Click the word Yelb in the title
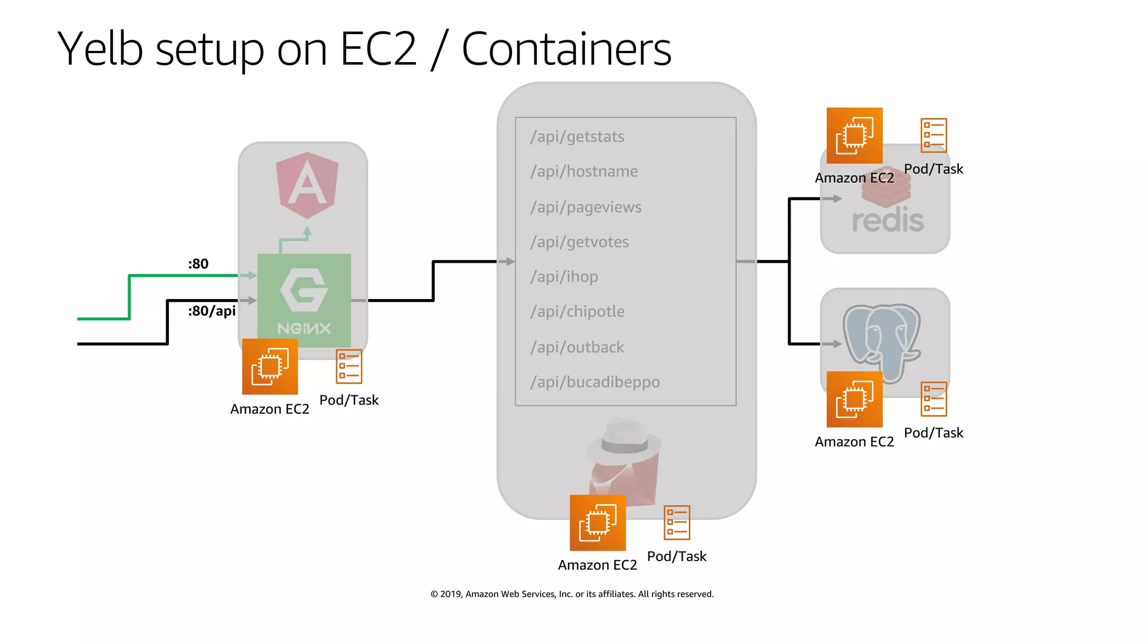coord(101,49)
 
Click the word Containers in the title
coord(566,49)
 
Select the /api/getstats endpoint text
coord(577,137)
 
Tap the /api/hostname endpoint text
coord(584,172)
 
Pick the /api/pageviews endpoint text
coord(585,207)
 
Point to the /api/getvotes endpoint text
coord(579,242)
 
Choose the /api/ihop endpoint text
coord(564,277)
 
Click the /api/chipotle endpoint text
coord(577,311)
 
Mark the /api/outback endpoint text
coord(577,347)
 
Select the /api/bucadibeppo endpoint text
coord(595,382)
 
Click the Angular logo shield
coord(307,184)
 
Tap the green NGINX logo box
coord(304,300)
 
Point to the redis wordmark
coord(888,220)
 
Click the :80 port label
coord(198,264)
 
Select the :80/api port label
coord(211,311)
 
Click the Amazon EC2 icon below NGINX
coord(270,367)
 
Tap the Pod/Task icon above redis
coord(934,135)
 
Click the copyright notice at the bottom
coord(572,594)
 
